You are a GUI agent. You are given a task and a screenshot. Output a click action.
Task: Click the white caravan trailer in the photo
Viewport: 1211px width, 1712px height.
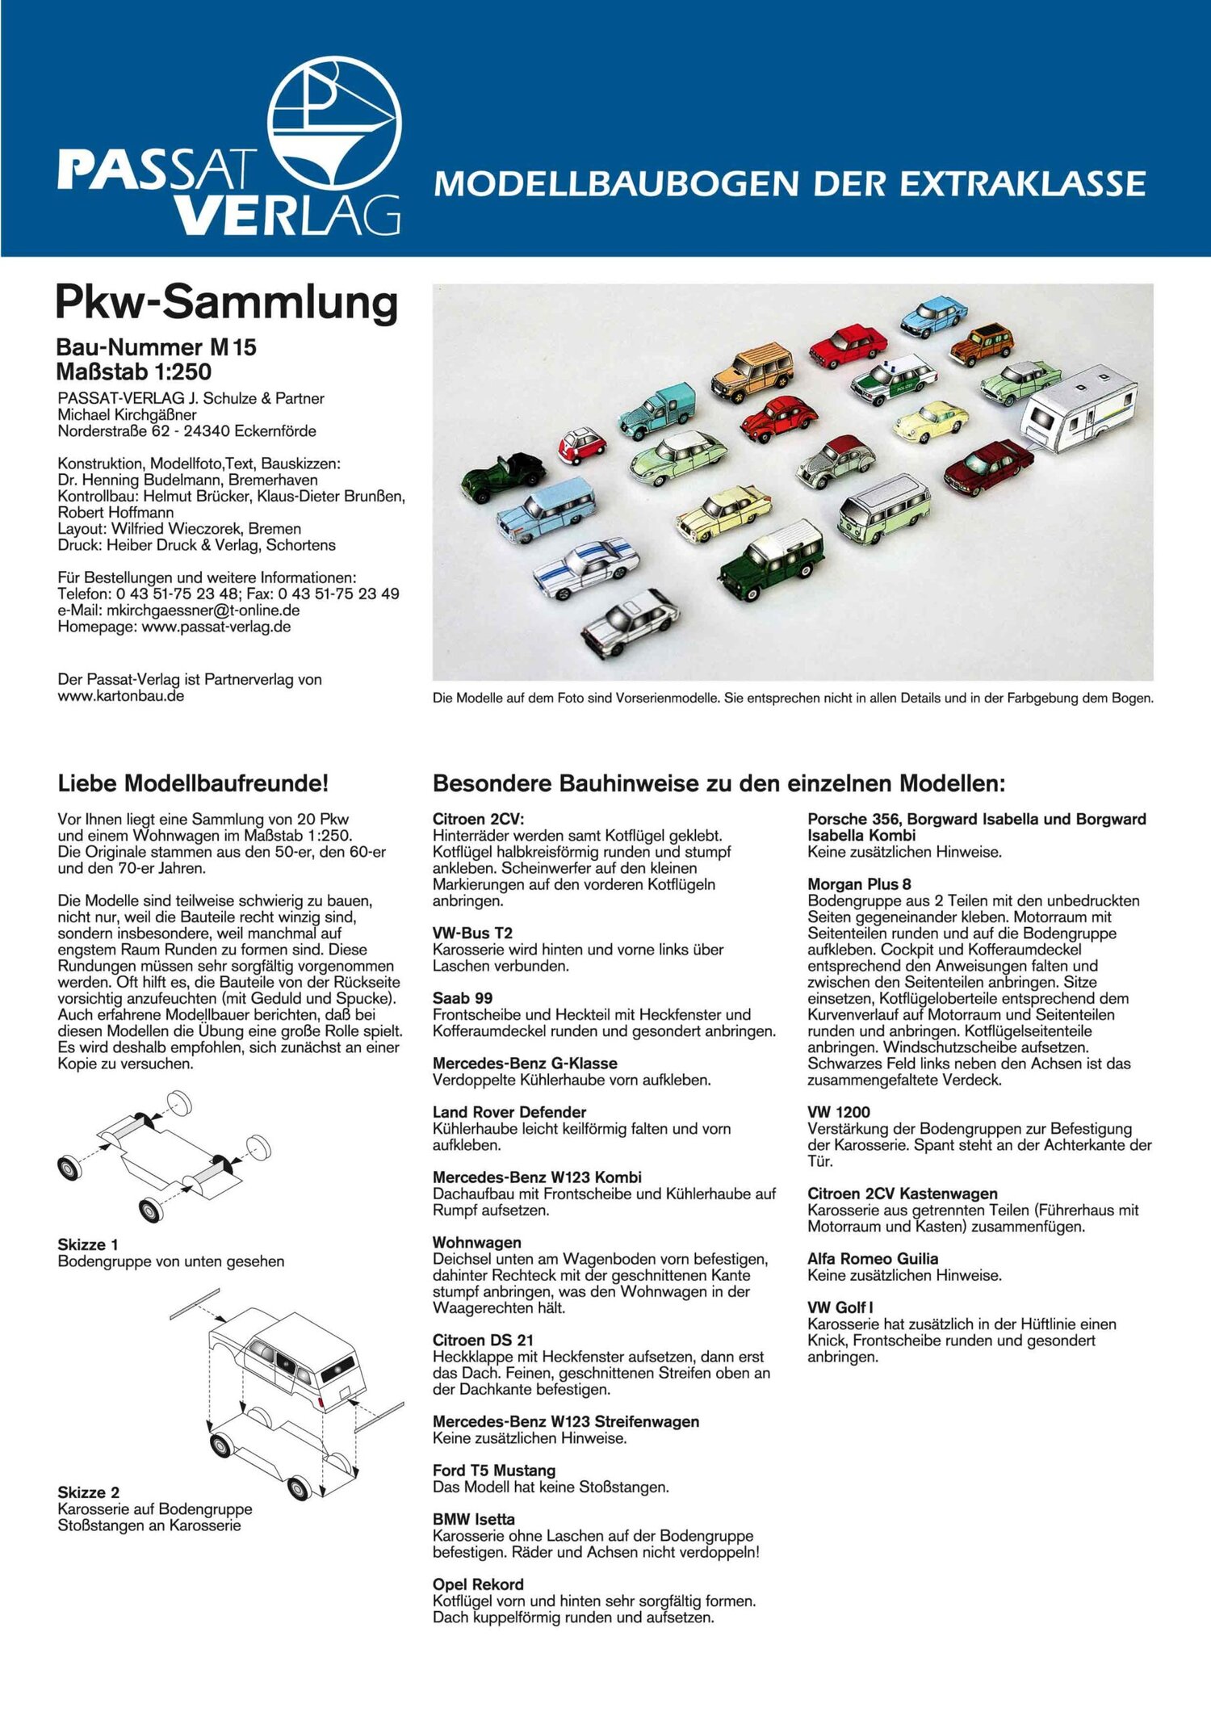tap(1079, 408)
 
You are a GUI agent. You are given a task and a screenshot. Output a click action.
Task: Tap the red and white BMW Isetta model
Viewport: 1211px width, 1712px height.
tap(581, 445)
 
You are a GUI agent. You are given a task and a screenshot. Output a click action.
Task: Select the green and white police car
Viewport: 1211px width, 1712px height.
tap(893, 379)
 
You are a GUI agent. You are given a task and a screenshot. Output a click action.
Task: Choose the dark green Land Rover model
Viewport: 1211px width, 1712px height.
tap(770, 558)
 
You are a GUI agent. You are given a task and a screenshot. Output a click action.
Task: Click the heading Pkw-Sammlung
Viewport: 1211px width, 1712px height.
tap(227, 302)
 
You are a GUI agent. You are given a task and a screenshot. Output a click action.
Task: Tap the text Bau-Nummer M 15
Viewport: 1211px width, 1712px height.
tap(156, 347)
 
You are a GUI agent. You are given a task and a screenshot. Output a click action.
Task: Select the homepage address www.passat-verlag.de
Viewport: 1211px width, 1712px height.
tap(216, 627)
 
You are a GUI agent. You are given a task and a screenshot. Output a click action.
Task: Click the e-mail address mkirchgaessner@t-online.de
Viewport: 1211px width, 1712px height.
tap(203, 611)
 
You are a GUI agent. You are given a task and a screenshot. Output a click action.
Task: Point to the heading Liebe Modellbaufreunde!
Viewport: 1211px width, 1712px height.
tap(193, 783)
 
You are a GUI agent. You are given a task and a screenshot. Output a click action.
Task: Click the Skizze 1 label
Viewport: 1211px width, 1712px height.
tap(87, 1244)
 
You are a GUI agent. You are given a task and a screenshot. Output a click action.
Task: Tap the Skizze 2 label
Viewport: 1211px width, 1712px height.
tap(88, 1492)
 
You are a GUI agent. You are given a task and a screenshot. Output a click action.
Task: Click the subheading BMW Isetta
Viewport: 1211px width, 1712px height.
tap(473, 1519)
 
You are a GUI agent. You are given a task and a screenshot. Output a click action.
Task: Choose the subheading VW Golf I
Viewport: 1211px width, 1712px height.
tap(840, 1307)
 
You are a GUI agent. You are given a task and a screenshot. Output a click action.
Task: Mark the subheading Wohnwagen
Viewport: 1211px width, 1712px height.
tap(476, 1242)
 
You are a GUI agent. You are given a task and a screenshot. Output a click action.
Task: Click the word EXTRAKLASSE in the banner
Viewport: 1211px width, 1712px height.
tap(1022, 184)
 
